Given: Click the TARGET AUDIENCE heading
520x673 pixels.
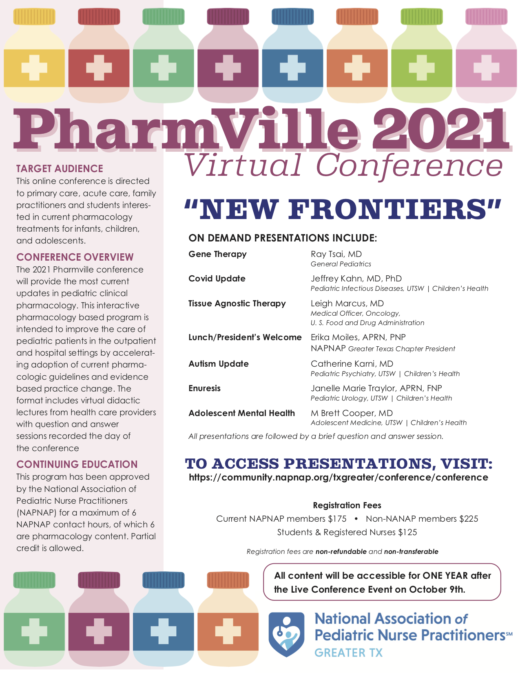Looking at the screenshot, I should [60, 168].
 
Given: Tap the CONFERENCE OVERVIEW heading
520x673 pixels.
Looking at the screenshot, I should [75, 257].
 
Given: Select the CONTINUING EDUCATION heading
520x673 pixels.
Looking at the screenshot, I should [77, 464].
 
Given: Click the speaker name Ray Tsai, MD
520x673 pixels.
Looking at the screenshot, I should [336, 254].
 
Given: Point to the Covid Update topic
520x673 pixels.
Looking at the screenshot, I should [217, 279].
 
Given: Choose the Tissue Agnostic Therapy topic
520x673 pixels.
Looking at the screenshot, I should [237, 303].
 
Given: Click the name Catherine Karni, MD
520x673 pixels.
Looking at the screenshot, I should [352, 363].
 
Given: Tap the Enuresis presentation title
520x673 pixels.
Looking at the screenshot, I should [204, 388].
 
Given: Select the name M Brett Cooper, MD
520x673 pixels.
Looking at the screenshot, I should [352, 413].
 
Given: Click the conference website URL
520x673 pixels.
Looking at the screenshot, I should [339, 477].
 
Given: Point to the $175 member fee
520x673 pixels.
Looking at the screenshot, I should [337, 519].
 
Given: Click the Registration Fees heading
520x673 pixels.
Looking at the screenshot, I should [347, 505].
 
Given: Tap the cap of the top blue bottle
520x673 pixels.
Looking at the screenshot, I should [292, 17].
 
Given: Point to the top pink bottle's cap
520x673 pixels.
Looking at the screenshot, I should [487, 17].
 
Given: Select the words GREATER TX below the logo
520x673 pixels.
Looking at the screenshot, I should [349, 653].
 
